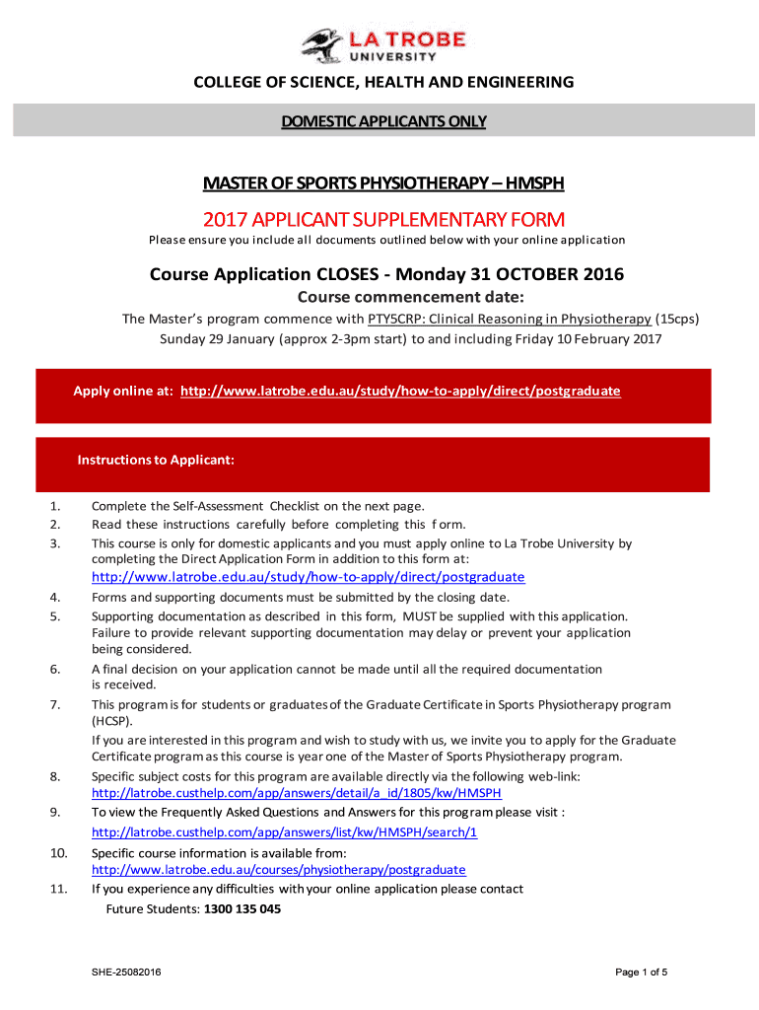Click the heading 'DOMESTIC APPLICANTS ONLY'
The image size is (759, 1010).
pyautogui.click(x=383, y=121)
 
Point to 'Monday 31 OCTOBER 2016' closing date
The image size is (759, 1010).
pyautogui.click(x=510, y=274)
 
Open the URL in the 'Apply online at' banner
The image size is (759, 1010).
pyautogui.click(x=401, y=391)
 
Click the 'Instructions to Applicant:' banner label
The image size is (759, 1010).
pyautogui.click(x=156, y=460)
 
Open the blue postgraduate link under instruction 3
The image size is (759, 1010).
pyautogui.click(x=308, y=577)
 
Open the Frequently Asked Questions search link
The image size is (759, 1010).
pyautogui.click(x=284, y=831)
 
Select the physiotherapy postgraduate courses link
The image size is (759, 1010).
pyautogui.click(x=278, y=870)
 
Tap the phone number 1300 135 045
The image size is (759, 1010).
pyautogui.click(x=241, y=909)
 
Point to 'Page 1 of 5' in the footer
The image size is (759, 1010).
pyautogui.click(x=642, y=973)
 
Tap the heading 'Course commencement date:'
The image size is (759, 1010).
pyautogui.click(x=383, y=298)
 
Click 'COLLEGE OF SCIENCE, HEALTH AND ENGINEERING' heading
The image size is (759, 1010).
pyautogui.click(x=383, y=82)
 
